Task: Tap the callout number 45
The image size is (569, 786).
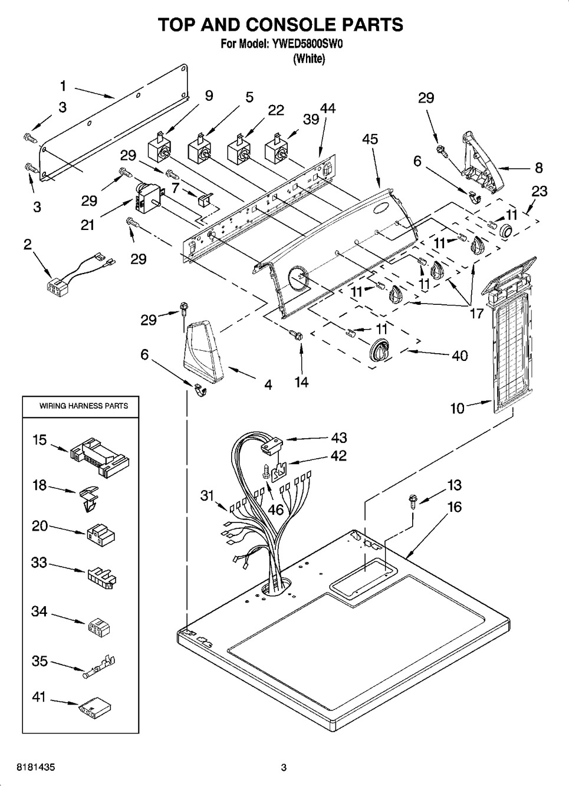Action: [x=370, y=139]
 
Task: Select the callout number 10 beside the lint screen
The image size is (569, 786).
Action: [x=458, y=407]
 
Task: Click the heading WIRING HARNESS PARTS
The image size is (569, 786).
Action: [x=84, y=406]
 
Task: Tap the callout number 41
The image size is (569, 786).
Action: [x=39, y=696]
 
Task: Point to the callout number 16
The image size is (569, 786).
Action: [x=454, y=507]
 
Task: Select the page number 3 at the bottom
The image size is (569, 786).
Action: [x=284, y=767]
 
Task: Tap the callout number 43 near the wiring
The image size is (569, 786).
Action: [x=339, y=438]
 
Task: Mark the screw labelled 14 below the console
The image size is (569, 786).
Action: [x=294, y=336]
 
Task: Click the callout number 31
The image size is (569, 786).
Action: [x=207, y=496]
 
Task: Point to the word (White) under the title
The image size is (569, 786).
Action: [x=309, y=58]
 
